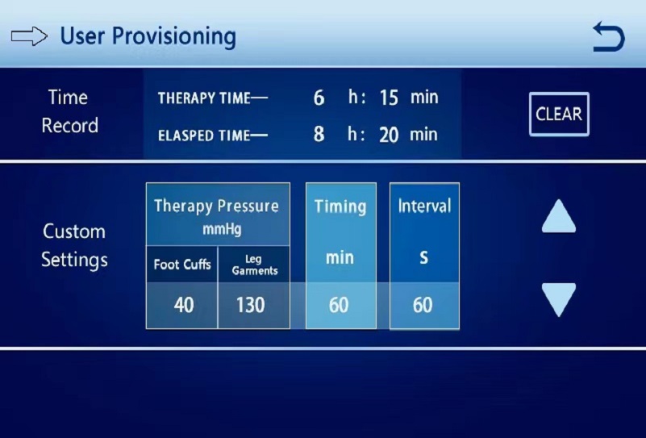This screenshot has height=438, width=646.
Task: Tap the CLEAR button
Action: pyautogui.click(x=559, y=114)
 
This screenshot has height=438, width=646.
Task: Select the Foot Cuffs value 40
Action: pyautogui.click(x=184, y=306)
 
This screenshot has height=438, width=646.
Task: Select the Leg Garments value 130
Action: pyautogui.click(x=251, y=306)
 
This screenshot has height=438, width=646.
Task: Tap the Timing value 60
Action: pyautogui.click(x=339, y=306)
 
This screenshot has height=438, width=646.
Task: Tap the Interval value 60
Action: pyautogui.click(x=423, y=306)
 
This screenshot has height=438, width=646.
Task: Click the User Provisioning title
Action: pyautogui.click(x=148, y=36)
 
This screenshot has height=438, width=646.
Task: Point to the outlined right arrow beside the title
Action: pyautogui.click(x=29, y=36)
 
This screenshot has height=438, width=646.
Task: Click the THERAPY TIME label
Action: pyautogui.click(x=213, y=98)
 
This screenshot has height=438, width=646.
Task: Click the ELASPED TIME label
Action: pyautogui.click(x=213, y=136)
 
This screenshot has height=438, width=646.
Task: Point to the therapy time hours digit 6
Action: pyautogui.click(x=319, y=98)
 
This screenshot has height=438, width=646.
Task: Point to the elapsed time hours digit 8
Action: pyautogui.click(x=319, y=135)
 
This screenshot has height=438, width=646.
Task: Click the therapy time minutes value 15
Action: pyautogui.click(x=389, y=98)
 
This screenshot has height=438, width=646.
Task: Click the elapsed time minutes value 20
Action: pyautogui.click(x=389, y=136)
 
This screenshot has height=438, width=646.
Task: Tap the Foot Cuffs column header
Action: pyautogui.click(x=182, y=264)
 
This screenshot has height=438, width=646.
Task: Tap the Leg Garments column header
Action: pyautogui.click(x=255, y=265)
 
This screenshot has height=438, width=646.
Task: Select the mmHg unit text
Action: pyautogui.click(x=222, y=230)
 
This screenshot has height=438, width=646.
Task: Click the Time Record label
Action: pyautogui.click(x=69, y=111)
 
